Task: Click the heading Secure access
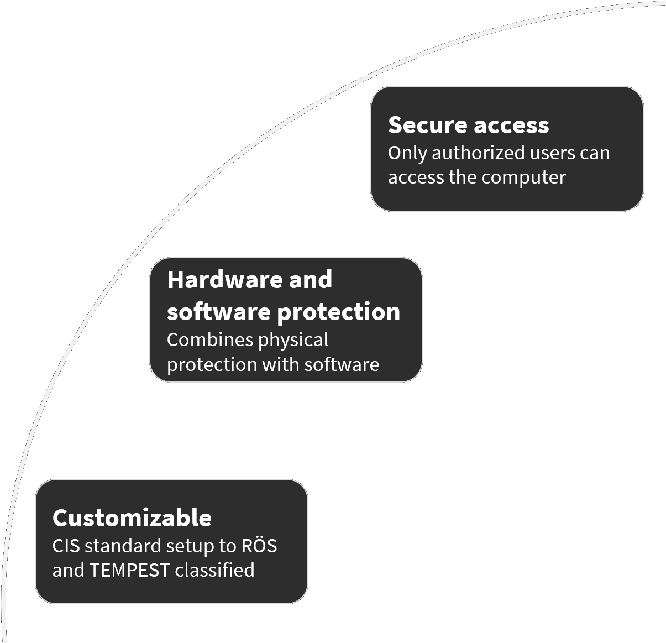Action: [x=468, y=125]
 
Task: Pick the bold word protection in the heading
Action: [x=338, y=312]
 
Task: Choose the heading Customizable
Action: [x=132, y=518]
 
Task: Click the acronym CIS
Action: [x=66, y=546]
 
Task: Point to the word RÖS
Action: [x=259, y=545]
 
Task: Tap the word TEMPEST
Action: [x=129, y=570]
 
